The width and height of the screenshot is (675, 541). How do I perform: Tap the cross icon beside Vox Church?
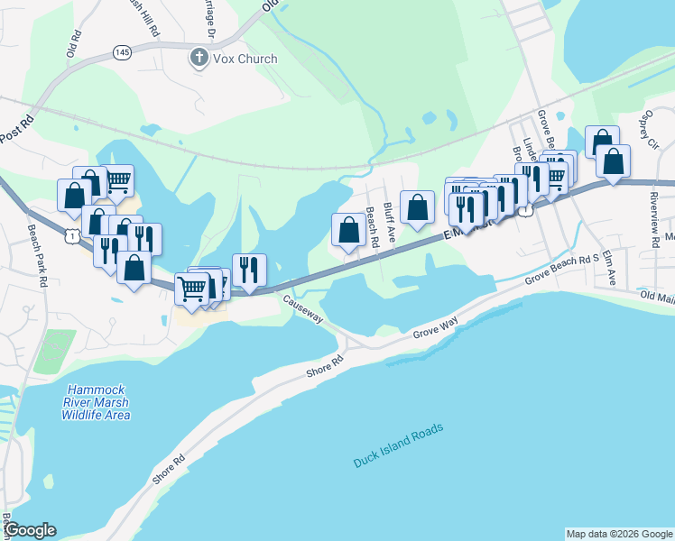point(198,59)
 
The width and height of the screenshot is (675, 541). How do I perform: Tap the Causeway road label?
point(303,311)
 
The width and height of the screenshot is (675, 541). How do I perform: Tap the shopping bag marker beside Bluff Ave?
point(417,207)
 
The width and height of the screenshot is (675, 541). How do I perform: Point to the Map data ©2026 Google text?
point(618,534)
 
